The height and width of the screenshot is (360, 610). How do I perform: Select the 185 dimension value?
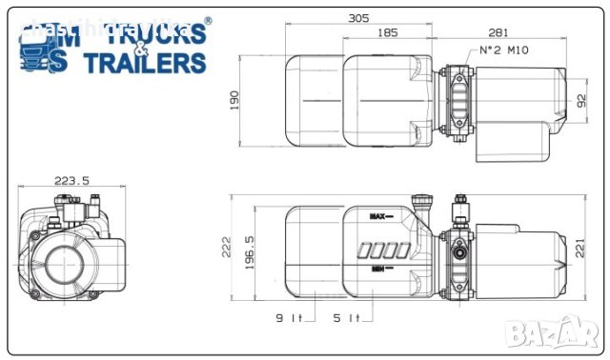tap(386, 33)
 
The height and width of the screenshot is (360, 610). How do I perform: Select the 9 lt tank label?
tap(289, 318)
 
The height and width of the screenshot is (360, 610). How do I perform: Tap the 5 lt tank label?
tap(346, 318)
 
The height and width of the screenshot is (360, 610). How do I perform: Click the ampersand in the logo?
tap(140, 48)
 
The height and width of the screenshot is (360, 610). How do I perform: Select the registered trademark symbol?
tap(209, 20)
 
